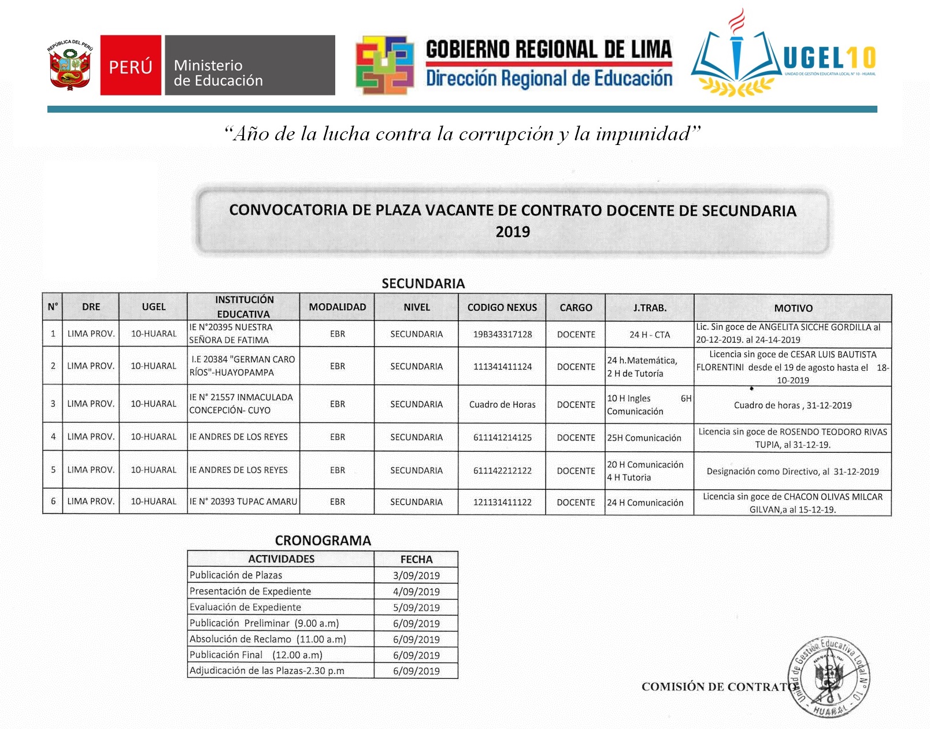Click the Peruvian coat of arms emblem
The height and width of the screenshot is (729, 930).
point(70,65)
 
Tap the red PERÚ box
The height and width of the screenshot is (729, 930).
point(131,65)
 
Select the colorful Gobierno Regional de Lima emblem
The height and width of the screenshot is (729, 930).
point(384,65)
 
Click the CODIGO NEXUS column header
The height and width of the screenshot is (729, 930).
point(502,307)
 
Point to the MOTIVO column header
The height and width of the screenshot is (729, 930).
point(793,308)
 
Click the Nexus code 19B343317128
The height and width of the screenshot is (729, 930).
point(502,334)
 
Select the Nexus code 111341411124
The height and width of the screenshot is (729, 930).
point(502,366)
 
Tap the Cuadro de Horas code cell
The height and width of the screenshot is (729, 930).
point(502,404)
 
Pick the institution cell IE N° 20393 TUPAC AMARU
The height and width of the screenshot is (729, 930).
point(243,501)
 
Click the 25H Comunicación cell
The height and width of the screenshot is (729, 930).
point(644,438)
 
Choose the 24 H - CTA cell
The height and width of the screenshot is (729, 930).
point(650,334)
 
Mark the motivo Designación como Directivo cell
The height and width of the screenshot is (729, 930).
point(792,471)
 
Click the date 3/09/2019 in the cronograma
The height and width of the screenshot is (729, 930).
point(416,575)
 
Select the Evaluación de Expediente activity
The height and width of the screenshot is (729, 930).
point(245,607)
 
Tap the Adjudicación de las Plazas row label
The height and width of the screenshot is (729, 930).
point(266,671)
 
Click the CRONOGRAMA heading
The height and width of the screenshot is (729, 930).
point(323,541)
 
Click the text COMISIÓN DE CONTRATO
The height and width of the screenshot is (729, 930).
point(717,687)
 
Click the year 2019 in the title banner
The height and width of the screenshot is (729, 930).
point(513,232)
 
